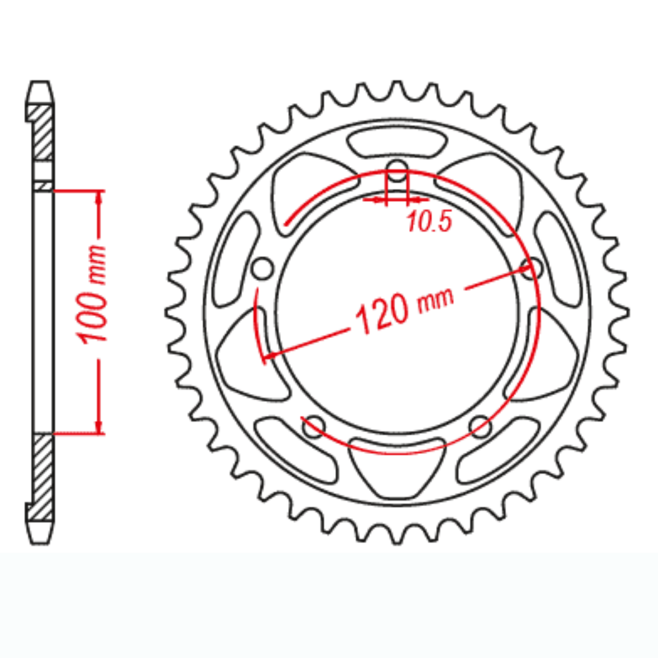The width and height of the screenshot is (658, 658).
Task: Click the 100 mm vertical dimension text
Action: (x=91, y=294)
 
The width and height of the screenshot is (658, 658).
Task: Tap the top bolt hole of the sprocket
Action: (x=397, y=172)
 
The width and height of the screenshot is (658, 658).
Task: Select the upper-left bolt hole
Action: (x=262, y=269)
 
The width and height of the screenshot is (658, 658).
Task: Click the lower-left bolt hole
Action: (x=313, y=427)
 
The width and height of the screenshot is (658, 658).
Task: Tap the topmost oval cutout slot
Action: (x=397, y=143)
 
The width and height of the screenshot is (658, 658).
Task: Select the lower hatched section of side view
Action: (x=42, y=477)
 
